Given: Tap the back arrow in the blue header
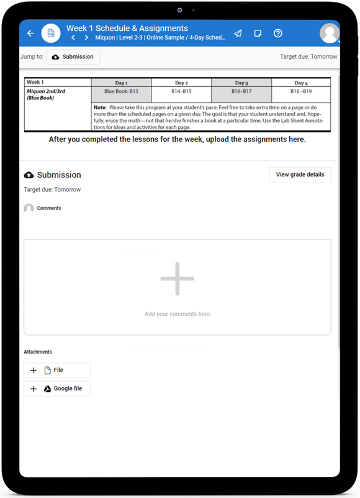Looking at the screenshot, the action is [30, 33].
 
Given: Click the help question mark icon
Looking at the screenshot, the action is [278, 33].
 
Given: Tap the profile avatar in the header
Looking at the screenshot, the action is [330, 33].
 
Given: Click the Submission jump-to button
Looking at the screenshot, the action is [73, 57].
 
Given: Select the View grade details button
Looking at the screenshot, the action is [300, 175].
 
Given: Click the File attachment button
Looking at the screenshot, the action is [57, 370].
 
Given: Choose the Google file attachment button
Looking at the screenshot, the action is [57, 389].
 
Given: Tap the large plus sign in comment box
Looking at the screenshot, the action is [178, 278].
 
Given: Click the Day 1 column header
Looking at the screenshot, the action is [121, 82].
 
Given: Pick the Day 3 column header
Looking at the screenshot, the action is [241, 82].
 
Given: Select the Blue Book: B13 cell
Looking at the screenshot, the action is [121, 91].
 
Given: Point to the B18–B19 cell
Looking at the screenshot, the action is [301, 91].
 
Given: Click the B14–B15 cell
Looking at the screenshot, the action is [181, 91].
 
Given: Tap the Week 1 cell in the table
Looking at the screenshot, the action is [35, 82].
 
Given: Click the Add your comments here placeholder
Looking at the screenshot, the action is [178, 314].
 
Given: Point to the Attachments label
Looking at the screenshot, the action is [38, 352].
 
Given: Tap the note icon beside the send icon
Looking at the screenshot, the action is [258, 33].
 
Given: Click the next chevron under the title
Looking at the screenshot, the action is [86, 38].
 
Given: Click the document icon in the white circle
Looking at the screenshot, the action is [51, 33].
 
